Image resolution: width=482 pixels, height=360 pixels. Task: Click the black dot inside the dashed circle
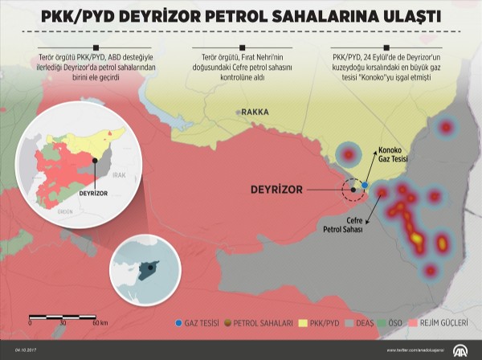[352, 190]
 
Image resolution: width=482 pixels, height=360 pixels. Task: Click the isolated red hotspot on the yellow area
[348, 153]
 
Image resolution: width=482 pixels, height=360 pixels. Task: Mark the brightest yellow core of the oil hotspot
[416, 238]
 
